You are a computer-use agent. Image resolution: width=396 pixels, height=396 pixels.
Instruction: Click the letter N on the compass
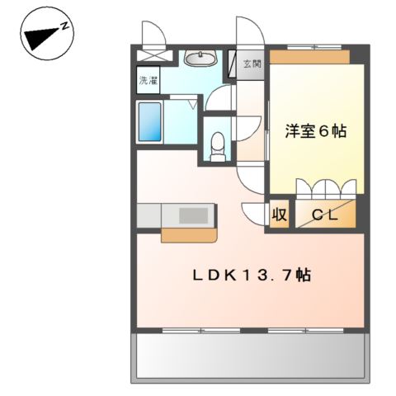(x=65, y=26)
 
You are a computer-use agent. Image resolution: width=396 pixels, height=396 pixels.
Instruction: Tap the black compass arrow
(x=42, y=38)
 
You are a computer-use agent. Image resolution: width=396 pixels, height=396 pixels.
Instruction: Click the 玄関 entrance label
(x=252, y=64)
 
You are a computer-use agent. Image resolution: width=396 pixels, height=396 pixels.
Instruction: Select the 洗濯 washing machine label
(x=148, y=81)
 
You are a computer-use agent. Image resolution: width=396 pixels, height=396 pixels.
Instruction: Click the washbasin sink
(x=200, y=58)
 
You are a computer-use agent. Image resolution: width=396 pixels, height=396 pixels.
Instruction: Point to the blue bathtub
(x=149, y=121)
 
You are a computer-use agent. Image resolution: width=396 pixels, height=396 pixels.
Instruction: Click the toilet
(x=218, y=146)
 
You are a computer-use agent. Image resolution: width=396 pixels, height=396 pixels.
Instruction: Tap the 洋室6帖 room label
(x=316, y=131)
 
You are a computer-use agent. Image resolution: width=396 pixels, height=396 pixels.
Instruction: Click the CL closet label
(x=324, y=214)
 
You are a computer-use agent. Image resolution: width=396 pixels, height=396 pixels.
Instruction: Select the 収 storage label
(x=280, y=214)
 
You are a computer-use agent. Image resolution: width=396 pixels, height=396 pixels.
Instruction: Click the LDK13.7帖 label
(x=252, y=275)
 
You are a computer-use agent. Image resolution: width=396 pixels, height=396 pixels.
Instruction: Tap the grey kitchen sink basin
(x=193, y=215)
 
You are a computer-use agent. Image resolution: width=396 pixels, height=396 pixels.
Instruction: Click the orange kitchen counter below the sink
(x=189, y=235)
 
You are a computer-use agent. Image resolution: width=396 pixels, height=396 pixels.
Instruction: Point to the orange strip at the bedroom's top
(x=309, y=57)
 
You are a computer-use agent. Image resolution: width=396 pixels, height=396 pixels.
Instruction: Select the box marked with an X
(x=155, y=55)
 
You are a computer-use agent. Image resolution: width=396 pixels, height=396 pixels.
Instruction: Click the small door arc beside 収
(x=253, y=214)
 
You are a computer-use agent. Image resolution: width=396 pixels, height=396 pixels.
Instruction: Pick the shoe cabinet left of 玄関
(x=232, y=64)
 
